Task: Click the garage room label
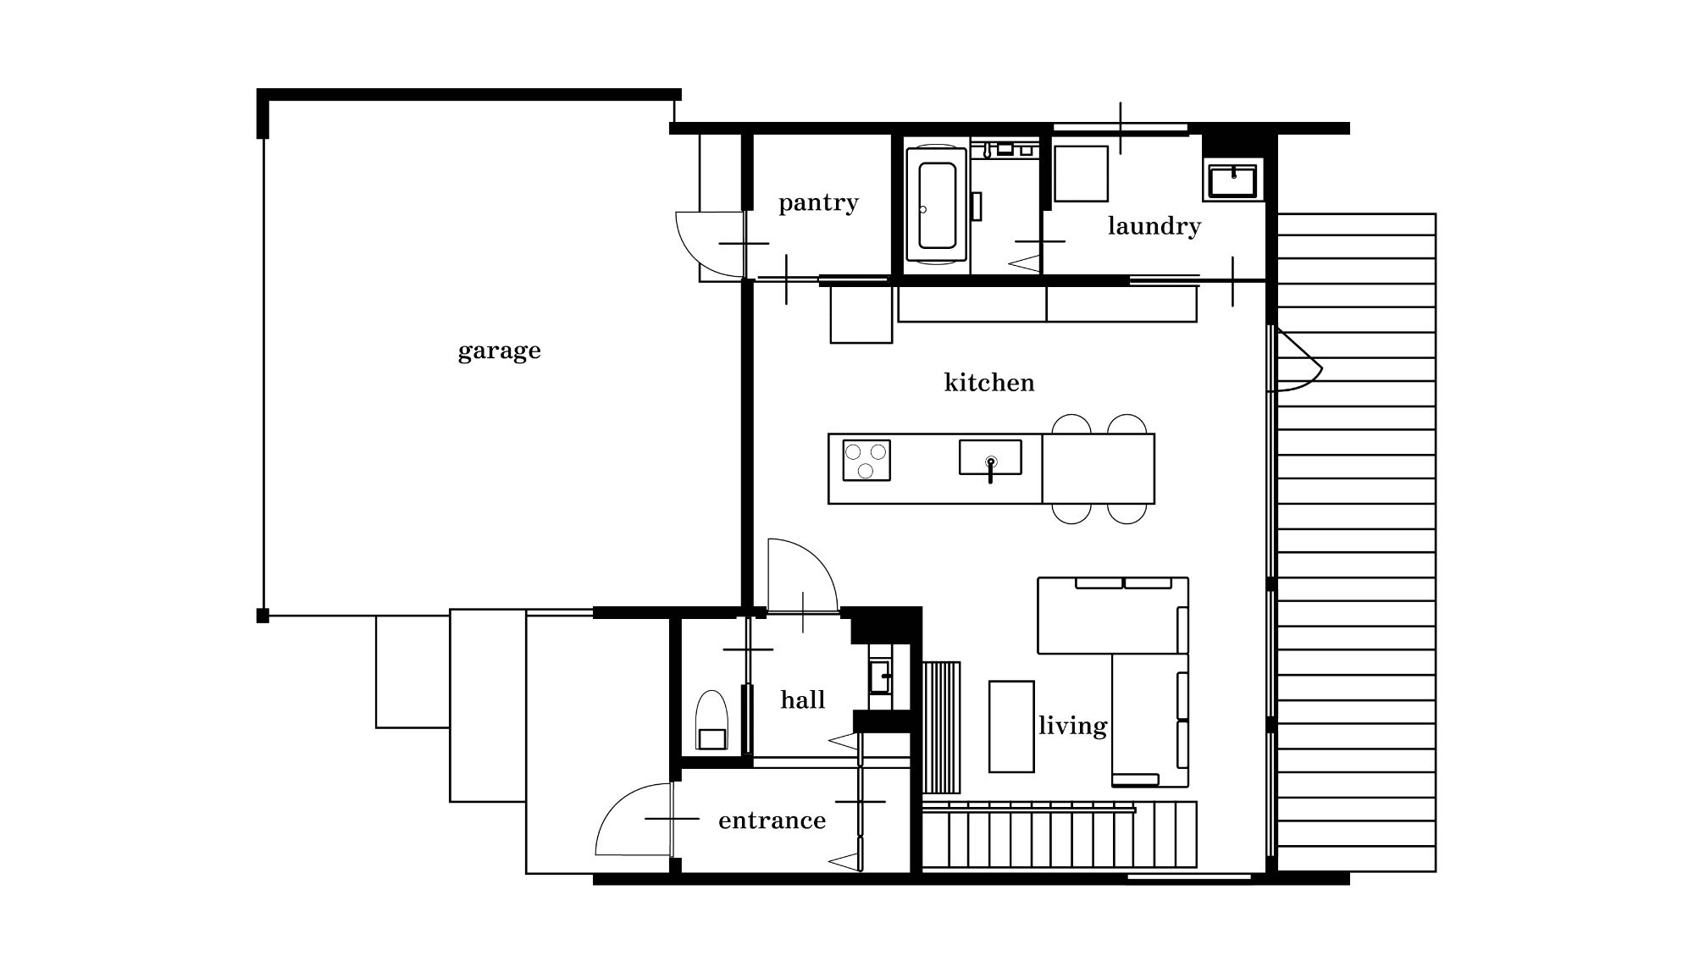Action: click(x=499, y=351)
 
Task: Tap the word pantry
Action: click(x=818, y=203)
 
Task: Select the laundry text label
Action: click(x=1154, y=226)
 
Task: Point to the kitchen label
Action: click(x=989, y=382)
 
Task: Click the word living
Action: click(x=1073, y=726)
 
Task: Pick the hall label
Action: click(x=803, y=699)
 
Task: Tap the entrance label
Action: click(x=772, y=821)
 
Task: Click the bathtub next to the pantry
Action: click(x=937, y=205)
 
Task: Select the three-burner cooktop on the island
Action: click(x=866, y=460)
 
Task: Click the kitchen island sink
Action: click(x=990, y=458)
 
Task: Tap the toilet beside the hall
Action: click(x=711, y=721)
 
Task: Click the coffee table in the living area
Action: click(x=1011, y=727)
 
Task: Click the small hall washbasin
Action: click(x=880, y=677)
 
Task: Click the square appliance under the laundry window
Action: click(x=1081, y=174)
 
